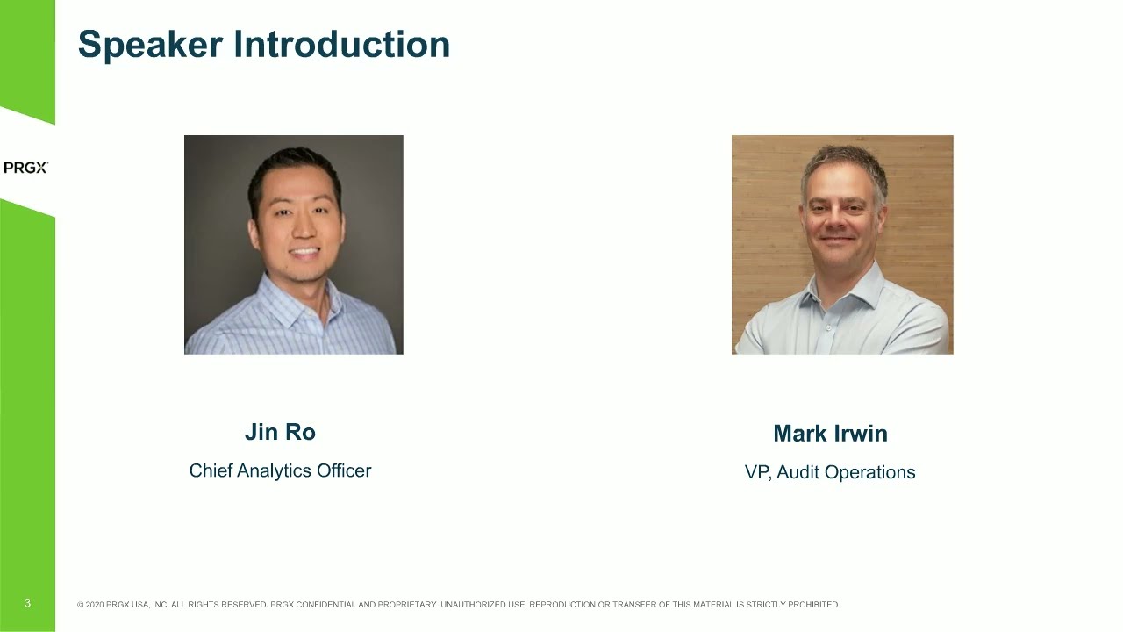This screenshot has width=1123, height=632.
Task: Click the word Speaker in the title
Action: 150,45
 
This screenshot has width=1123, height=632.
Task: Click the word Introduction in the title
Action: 342,44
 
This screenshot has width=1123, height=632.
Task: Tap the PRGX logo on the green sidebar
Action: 25,168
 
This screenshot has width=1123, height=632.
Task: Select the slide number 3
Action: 27,603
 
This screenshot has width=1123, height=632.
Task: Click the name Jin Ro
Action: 280,432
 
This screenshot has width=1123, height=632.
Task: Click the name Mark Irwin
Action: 830,434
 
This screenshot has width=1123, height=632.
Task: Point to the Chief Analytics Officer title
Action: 280,470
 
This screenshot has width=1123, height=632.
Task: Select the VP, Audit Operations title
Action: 830,472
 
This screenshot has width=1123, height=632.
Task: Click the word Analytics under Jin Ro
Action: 275,471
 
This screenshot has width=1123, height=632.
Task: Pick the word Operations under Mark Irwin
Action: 869,472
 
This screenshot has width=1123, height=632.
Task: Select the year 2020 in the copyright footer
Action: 95,605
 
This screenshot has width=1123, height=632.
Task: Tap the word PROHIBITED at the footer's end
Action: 813,605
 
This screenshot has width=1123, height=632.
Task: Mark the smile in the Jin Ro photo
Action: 304,252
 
